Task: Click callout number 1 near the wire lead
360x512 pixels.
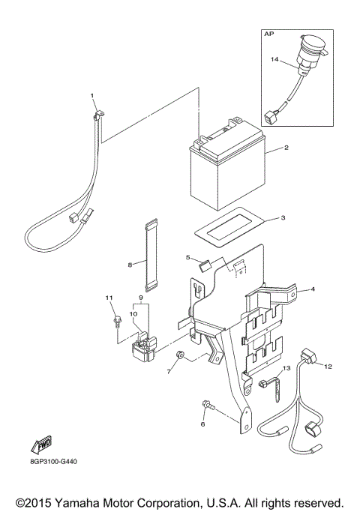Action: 92,96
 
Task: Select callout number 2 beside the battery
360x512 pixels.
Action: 285,148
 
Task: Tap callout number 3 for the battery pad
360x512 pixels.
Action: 282,218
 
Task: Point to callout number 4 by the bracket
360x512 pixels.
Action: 312,289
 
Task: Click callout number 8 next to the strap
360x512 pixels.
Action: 130,264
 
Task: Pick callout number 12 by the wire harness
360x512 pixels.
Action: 327,366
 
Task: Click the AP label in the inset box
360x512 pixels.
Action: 269,34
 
